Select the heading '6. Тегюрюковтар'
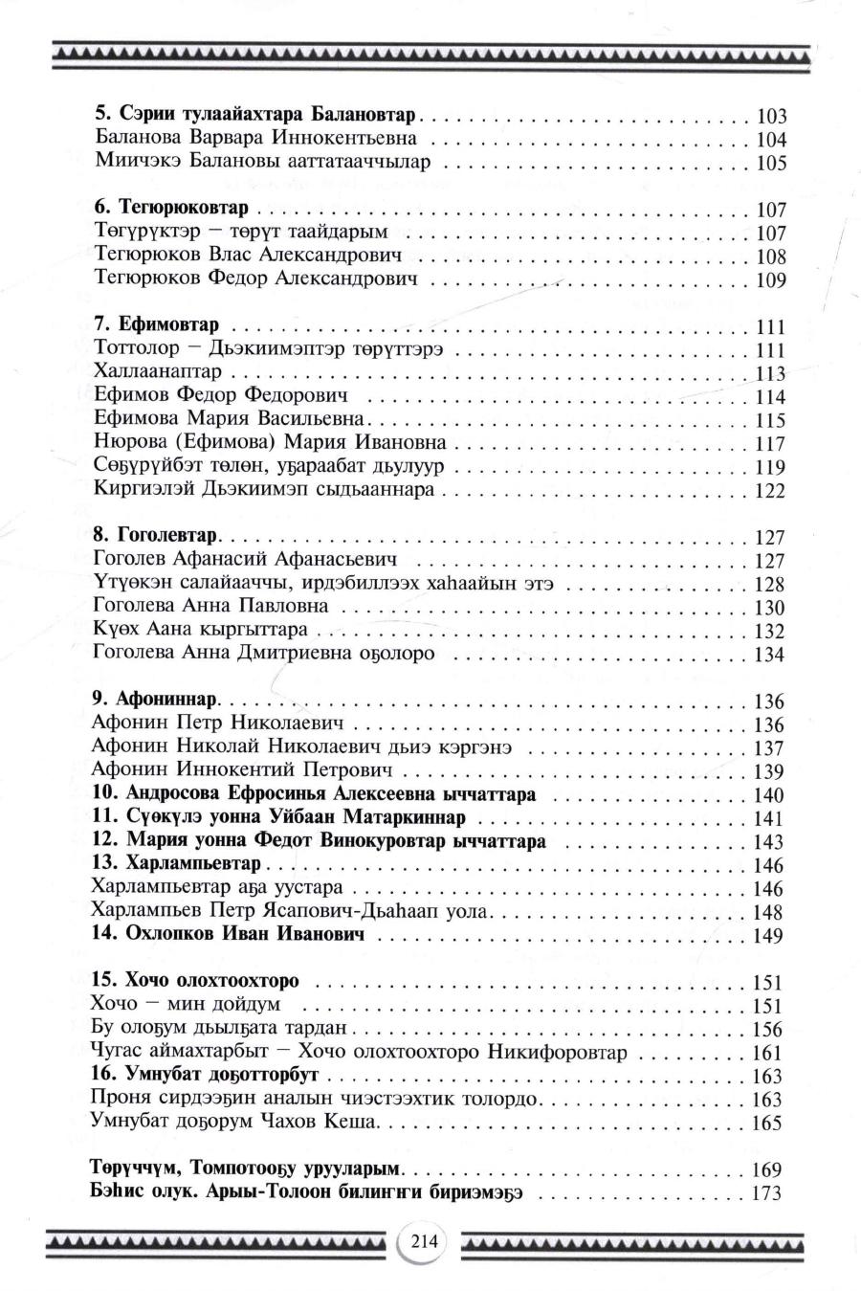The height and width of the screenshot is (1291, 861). pyautogui.click(x=171, y=208)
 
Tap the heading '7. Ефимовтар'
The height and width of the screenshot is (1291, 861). pyautogui.click(x=158, y=324)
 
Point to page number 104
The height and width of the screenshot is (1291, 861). pyautogui.click(x=770, y=140)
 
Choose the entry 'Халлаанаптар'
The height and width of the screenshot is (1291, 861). pyautogui.click(x=158, y=370)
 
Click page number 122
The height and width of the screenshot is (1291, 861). pyautogui.click(x=769, y=491)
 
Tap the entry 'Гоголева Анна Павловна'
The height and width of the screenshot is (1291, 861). pyautogui.click(x=211, y=605)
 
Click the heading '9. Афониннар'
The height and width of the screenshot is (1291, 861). pyautogui.click(x=156, y=699)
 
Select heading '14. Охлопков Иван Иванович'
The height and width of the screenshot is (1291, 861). pyautogui.click(x=228, y=933)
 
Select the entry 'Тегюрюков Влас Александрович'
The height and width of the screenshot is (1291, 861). pyautogui.click(x=248, y=256)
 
